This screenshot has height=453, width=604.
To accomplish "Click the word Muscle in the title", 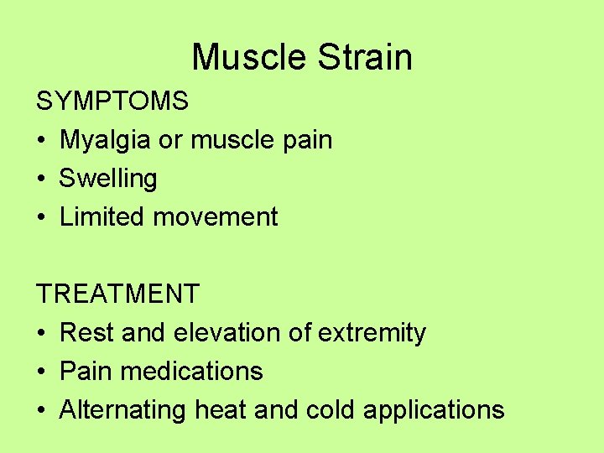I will pyautogui.click(x=250, y=58).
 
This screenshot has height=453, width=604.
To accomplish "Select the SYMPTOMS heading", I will pyautogui.click(x=112, y=102).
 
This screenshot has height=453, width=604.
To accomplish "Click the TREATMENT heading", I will pyautogui.click(x=117, y=294).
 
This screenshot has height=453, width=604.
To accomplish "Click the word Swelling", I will pyautogui.click(x=108, y=179).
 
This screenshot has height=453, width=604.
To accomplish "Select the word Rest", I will pyautogui.click(x=87, y=333).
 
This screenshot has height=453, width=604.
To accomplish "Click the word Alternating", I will pyautogui.click(x=123, y=410).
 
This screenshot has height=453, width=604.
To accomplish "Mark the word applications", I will pyautogui.click(x=433, y=410).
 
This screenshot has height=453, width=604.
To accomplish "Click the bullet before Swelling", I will pyautogui.click(x=41, y=180).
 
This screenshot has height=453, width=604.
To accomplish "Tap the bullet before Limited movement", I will pyautogui.click(x=41, y=218).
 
